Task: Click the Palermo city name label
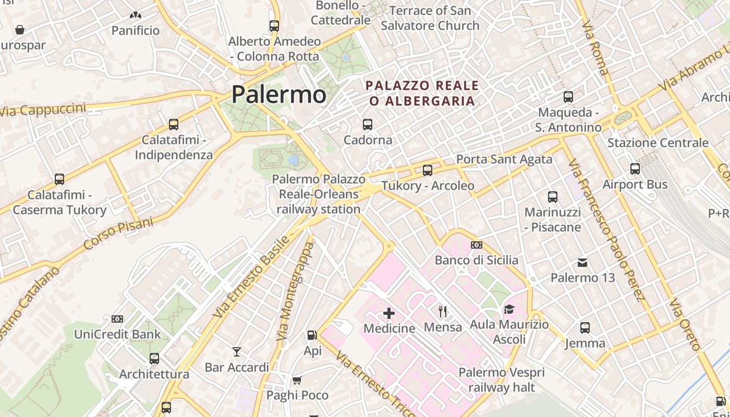279,94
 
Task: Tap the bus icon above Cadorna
368,125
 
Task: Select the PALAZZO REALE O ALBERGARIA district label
422,93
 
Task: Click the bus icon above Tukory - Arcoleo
428,170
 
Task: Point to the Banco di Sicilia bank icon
476,245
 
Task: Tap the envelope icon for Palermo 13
582,263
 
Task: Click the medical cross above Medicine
389,313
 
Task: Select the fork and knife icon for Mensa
443,312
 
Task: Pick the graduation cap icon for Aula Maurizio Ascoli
509,310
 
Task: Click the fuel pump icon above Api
312,336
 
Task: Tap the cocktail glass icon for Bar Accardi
237,352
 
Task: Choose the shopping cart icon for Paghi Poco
297,380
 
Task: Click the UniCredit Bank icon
117,318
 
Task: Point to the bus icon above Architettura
154,359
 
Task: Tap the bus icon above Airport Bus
635,169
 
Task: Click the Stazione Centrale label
658,143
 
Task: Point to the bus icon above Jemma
585,328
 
